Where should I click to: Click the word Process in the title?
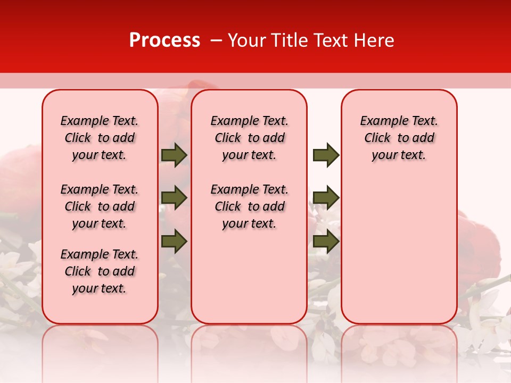164,40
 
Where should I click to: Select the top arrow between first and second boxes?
174,155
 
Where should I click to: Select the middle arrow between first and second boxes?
174,198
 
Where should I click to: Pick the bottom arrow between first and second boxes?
174,241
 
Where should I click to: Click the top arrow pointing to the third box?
326,155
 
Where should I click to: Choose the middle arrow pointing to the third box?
326,198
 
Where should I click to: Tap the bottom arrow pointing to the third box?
326,241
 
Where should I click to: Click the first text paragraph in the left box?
100,138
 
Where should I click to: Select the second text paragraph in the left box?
100,206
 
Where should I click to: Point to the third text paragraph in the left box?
100,271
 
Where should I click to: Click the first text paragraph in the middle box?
249,138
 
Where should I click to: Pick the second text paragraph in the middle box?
249,206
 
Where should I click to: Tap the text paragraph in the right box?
399,138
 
